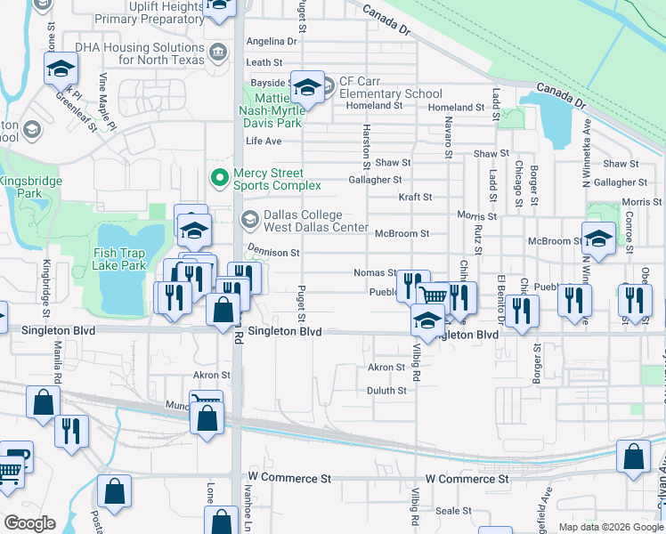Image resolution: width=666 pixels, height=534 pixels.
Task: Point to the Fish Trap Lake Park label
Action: tap(119, 259)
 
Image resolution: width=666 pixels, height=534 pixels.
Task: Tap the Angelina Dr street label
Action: tap(271, 41)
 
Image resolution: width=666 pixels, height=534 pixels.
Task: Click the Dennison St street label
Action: tap(273, 253)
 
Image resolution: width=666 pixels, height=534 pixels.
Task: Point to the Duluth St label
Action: tap(386, 390)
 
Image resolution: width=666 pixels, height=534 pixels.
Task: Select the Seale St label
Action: tap(453, 511)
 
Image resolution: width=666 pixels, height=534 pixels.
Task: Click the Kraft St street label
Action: tap(415, 197)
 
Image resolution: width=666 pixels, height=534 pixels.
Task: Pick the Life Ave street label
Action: tap(264, 141)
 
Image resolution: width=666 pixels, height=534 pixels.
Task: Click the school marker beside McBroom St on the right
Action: tap(598, 239)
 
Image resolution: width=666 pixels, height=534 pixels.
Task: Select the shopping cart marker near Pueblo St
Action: tap(434, 297)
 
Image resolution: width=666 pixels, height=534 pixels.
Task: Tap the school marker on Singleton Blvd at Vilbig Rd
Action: tap(427, 320)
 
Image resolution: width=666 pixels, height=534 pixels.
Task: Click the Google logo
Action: tap(28, 523)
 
